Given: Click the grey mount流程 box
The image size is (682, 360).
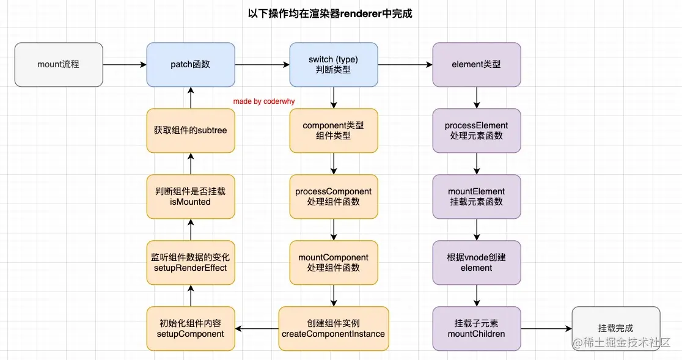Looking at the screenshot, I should [59, 64].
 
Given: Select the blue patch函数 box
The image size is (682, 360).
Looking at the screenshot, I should [190, 64].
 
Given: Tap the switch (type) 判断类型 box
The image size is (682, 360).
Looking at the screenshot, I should [334, 64].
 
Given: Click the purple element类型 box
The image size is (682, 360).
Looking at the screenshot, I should [477, 64].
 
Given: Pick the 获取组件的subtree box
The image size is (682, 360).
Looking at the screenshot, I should [190, 130].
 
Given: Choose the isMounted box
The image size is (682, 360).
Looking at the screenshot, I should [190, 196].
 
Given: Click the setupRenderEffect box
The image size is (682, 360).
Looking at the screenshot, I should [190, 262].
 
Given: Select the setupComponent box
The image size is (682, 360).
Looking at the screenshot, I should [190, 328].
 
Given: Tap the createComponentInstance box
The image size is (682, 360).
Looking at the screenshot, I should [334, 328].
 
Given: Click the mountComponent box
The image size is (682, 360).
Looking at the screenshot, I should [334, 262].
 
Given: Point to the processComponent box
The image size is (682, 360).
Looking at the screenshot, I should [334, 196].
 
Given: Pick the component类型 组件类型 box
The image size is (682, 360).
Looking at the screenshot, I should [334, 130].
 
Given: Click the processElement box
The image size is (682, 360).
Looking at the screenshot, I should [477, 130].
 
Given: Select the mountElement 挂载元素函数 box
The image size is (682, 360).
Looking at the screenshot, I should [477, 196].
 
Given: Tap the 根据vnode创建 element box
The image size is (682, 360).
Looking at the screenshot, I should [477, 262].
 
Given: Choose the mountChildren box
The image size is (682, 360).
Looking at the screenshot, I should [477, 328].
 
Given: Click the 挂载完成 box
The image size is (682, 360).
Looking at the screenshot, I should [615, 328].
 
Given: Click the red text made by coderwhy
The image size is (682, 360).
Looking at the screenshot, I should [263, 101].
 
